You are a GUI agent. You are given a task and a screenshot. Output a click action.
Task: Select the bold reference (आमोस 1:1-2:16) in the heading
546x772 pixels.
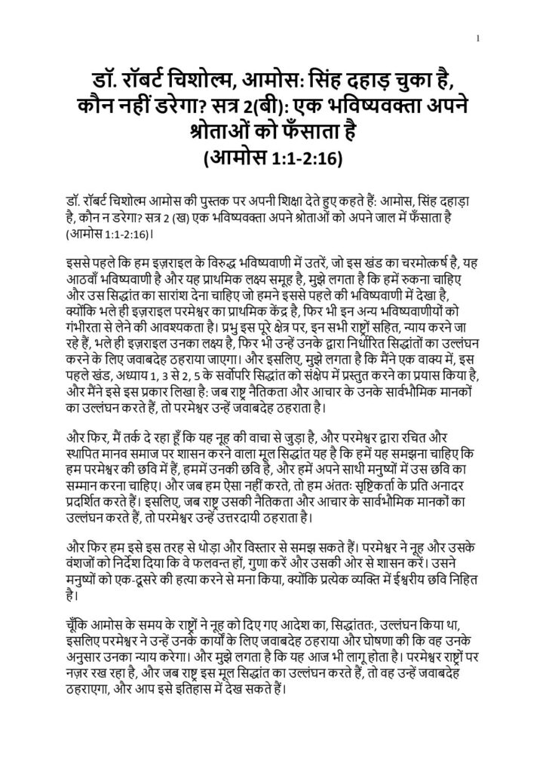pos(273,158)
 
